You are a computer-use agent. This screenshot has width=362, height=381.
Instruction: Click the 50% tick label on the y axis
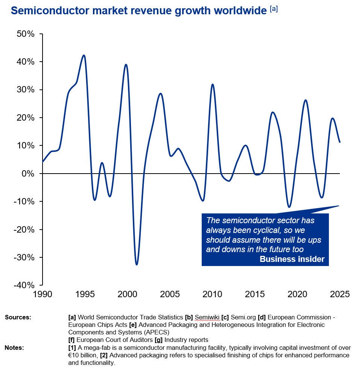[x=26, y=34]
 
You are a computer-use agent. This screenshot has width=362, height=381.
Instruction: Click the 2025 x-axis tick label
[x=339, y=294]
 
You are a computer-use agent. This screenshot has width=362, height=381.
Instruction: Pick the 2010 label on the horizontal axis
[x=212, y=294]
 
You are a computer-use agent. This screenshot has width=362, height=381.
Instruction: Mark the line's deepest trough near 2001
[x=136, y=265]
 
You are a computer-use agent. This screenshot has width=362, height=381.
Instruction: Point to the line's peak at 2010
[x=213, y=84]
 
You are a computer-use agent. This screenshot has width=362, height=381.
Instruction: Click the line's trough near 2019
[x=289, y=207]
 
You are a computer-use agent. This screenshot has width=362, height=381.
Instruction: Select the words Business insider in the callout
[x=292, y=259]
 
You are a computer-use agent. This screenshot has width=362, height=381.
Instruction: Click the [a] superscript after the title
[x=274, y=9]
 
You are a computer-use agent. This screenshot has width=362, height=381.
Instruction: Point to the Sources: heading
[x=18, y=317]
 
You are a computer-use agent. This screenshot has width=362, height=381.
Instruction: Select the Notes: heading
[x=14, y=348]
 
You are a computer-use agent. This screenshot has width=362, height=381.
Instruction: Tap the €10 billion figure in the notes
[x=83, y=355]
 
